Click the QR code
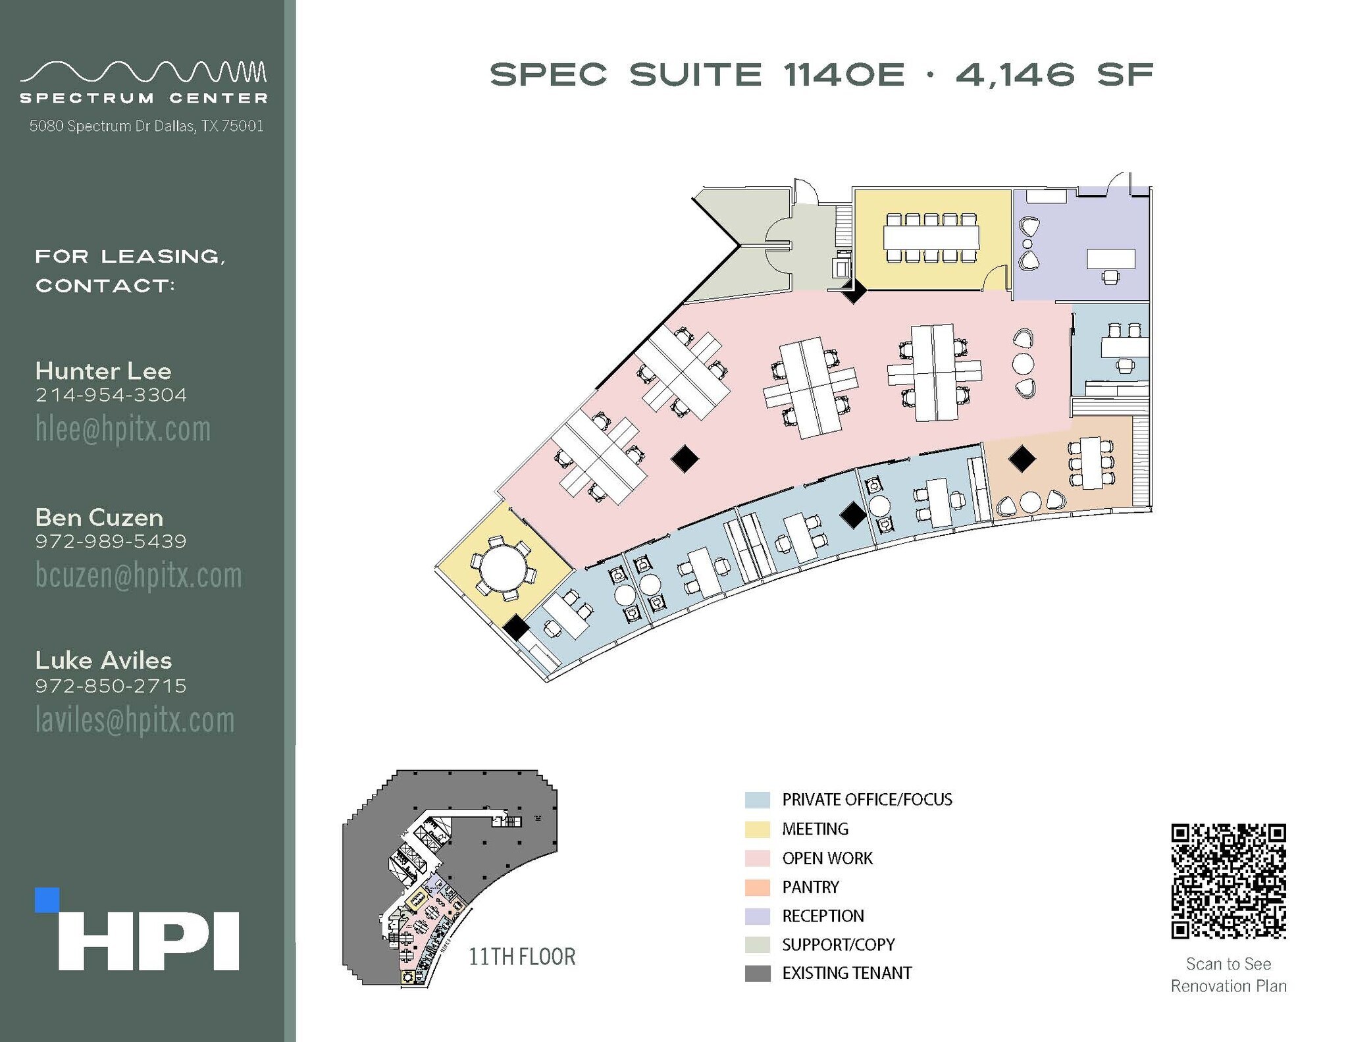(1228, 881)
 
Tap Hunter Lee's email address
(123, 429)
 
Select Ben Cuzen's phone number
(111, 542)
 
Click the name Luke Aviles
(103, 660)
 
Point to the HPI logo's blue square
(47, 900)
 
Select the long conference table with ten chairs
(931, 237)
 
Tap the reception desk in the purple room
(1110, 258)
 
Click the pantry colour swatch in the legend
(758, 887)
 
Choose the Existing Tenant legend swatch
(758, 974)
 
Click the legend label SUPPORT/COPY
(838, 945)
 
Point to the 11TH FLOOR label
(522, 956)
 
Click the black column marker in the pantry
(1022, 459)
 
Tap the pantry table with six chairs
(1091, 463)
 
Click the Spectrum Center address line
(146, 126)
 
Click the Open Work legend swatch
(758, 858)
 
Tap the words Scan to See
(1228, 964)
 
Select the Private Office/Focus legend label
(867, 800)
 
